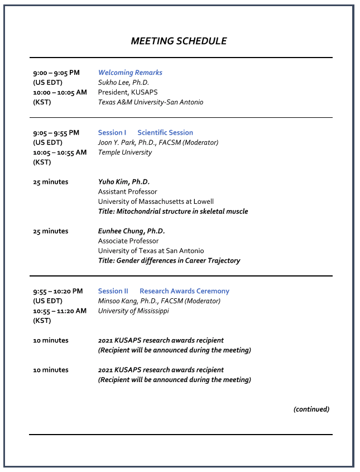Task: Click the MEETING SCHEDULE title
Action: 179,41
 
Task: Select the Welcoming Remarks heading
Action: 130,73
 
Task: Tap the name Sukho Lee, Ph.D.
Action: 123,83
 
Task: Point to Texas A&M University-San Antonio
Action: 151,102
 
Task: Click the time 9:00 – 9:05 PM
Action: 56,73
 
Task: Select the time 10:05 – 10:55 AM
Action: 60,152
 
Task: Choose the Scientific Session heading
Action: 165,132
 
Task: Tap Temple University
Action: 125,152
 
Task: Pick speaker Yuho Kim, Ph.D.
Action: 124,182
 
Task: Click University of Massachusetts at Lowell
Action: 156,202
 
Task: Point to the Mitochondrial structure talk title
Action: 173,212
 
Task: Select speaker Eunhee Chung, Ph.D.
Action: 132,231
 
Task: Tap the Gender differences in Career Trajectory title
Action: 169,261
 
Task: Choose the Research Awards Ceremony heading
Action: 184,291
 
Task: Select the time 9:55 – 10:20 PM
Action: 58,291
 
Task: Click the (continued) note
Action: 311,409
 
